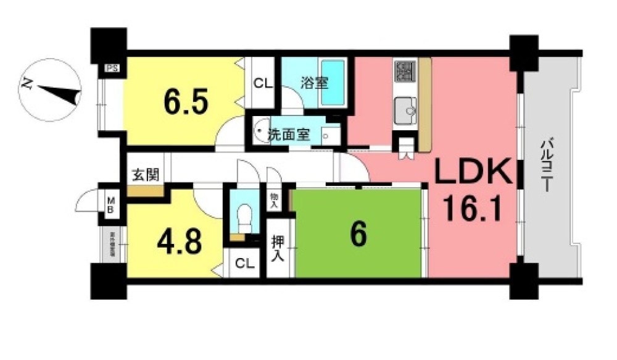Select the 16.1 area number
click(x=472, y=212)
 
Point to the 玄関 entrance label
click(x=146, y=175)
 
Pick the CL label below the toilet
click(x=244, y=264)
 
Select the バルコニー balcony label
click(x=547, y=166)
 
